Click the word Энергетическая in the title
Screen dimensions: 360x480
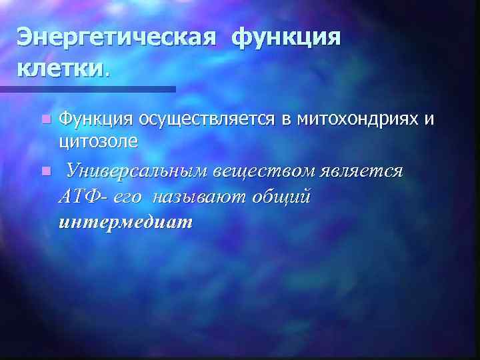(117, 37)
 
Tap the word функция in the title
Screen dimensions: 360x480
(286, 37)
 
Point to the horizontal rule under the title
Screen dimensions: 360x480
(87, 88)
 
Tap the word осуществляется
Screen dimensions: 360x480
(207, 119)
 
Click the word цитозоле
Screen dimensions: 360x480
(99, 139)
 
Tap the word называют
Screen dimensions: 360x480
(201, 197)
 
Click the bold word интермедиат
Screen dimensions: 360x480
(125, 221)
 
